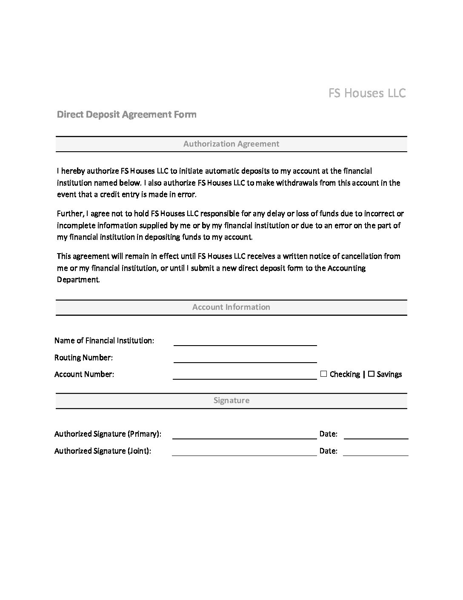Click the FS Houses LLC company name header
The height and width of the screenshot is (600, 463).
click(367, 93)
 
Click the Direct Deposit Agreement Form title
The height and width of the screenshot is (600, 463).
click(126, 114)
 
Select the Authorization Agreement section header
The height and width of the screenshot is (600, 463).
click(231, 144)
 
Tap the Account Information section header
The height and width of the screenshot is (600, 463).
click(231, 307)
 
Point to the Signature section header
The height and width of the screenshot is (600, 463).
click(231, 401)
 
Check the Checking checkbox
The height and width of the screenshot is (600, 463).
click(324, 374)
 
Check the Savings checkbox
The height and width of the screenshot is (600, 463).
click(371, 374)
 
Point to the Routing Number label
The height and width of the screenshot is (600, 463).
click(83, 358)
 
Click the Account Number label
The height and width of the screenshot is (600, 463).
click(84, 374)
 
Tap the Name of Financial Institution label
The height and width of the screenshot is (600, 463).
click(104, 340)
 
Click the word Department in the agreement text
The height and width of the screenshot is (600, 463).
click(78, 280)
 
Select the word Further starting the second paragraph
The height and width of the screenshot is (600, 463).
click(70, 213)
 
